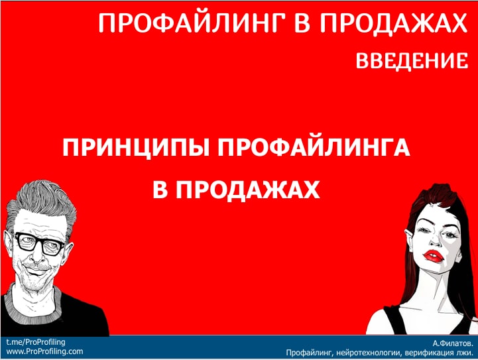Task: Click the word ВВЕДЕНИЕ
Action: pos(412,60)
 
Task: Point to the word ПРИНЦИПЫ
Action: pos(136,147)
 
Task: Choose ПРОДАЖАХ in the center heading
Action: pos(247,190)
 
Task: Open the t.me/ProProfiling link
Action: pos(36,342)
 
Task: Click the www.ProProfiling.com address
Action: pos(44,351)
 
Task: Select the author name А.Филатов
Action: pos(453,343)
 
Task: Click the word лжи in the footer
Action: pos(465,353)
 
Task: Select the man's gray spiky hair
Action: pos(42,201)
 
